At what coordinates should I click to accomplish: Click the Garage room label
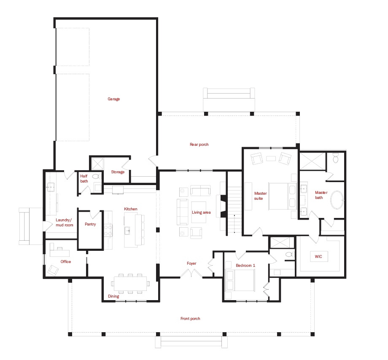pos(113,99)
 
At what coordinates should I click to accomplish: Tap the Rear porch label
pos(199,145)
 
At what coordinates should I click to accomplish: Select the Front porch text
pos(190,318)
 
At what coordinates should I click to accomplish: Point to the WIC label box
pos(319,256)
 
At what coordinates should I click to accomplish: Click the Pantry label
pos(90,224)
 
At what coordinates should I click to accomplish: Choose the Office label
pos(65,262)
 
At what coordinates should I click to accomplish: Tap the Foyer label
pos(191,263)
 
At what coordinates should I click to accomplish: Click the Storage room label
pos(118,172)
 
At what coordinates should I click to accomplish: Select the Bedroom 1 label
pos(245,265)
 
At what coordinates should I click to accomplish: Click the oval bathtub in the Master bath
pos(337,200)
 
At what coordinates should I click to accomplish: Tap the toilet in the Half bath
pos(97,176)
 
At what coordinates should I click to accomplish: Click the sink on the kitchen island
pos(128,231)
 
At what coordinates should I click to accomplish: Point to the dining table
pos(130,284)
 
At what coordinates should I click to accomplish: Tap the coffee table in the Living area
pos(199,212)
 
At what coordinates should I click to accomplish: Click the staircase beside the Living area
pos(234,210)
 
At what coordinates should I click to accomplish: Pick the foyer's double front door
pos(191,273)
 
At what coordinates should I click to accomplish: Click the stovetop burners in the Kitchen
pos(108,230)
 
